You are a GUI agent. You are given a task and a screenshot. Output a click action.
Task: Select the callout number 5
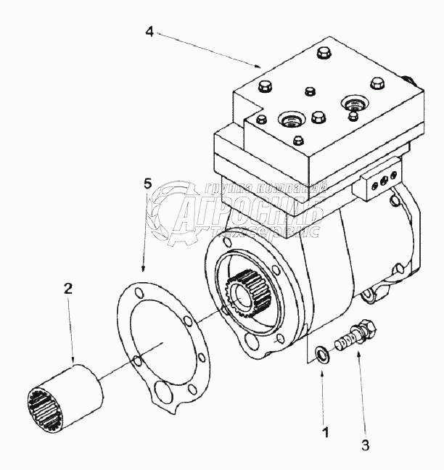tap(147, 184)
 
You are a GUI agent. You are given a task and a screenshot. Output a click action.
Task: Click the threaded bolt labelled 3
tap(353, 337)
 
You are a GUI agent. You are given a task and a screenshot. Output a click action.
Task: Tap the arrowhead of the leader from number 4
tap(259, 66)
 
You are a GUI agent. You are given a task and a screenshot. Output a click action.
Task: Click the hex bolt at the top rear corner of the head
tap(321, 54)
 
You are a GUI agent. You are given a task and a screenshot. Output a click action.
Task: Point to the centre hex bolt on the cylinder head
tap(316, 117)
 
